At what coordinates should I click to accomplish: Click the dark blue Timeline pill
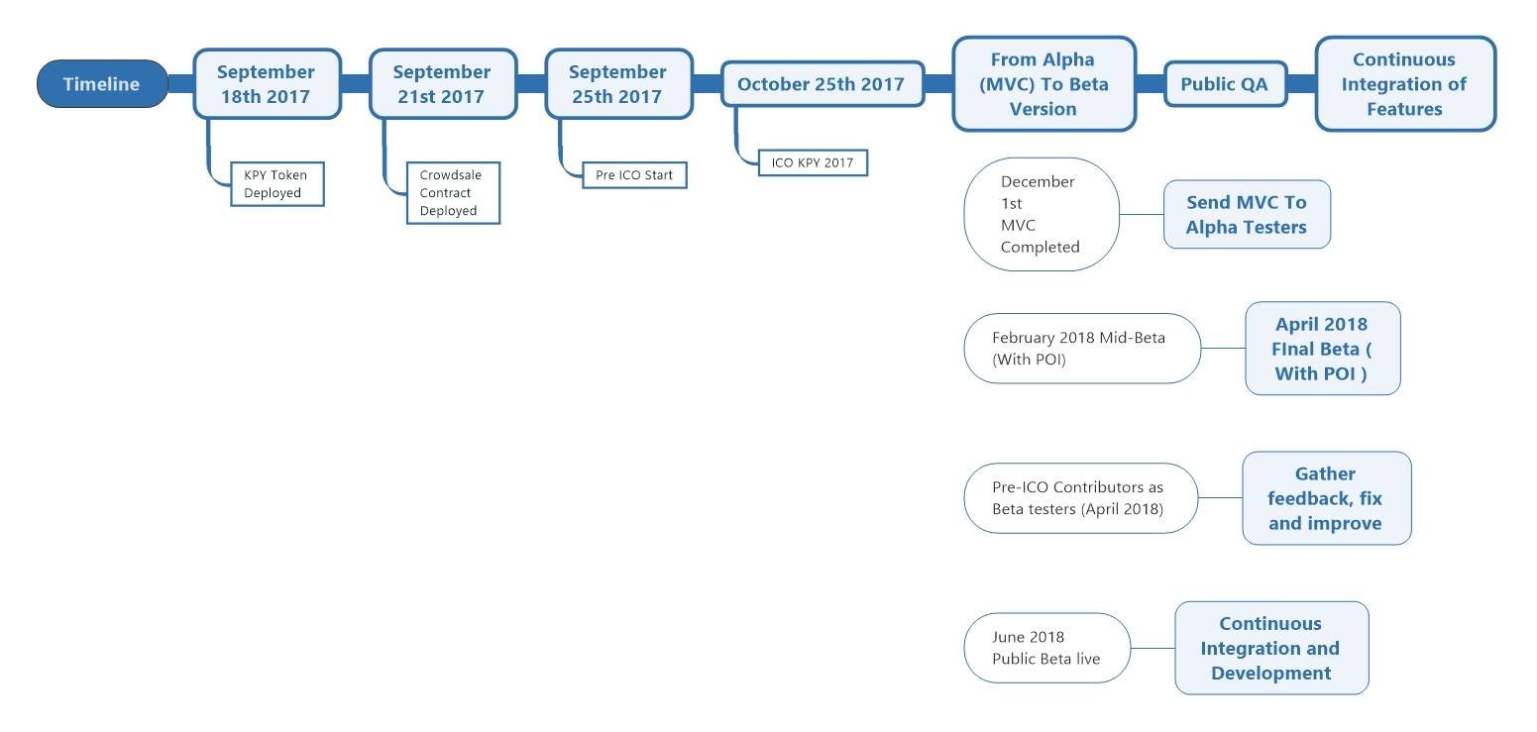[x=102, y=83]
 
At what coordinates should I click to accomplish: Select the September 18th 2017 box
[x=267, y=83]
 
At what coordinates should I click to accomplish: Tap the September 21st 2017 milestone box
[x=443, y=83]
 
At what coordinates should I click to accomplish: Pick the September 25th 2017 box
[x=619, y=83]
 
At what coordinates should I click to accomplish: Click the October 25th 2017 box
[x=823, y=83]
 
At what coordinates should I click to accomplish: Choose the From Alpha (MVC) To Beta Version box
[x=1043, y=83]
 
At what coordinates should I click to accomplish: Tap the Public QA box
[x=1225, y=83]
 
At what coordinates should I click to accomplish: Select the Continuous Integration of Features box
[x=1405, y=83]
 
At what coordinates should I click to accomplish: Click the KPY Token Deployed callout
[x=277, y=184]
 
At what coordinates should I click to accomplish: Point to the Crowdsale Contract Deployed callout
[x=453, y=193]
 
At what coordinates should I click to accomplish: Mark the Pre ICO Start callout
[x=634, y=175]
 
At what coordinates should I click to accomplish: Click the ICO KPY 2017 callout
[x=814, y=162]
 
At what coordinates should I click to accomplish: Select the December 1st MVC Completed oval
[x=1042, y=214]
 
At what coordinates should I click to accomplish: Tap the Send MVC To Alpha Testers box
[x=1247, y=214]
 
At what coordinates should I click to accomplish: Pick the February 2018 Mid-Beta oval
[x=1082, y=349]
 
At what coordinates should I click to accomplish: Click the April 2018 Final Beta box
[x=1322, y=349]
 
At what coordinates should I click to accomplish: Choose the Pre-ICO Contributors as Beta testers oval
[x=1081, y=498]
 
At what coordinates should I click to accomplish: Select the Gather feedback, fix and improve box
[x=1326, y=498]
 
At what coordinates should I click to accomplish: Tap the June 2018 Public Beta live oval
[x=1047, y=648]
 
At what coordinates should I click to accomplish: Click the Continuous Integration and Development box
[x=1271, y=648]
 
